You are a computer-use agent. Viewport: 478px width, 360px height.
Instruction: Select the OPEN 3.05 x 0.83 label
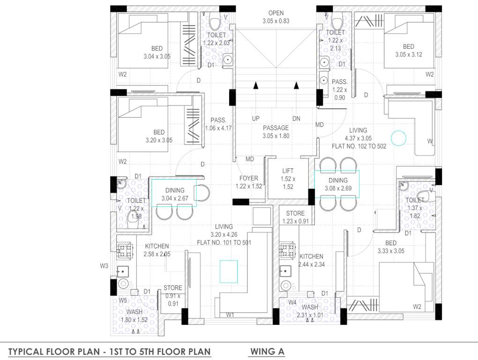coord(276,17)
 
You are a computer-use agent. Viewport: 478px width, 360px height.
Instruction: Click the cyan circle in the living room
coord(398,138)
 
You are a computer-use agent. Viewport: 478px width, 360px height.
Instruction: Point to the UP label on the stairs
coord(255,119)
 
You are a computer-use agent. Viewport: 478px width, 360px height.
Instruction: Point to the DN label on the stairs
coord(296,119)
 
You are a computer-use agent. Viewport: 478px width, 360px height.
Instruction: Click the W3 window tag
coord(104,266)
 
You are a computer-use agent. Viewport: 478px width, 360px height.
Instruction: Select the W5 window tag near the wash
coord(123,300)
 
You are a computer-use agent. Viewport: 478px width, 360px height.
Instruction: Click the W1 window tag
coord(230,315)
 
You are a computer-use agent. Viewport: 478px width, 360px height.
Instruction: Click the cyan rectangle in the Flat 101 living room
coord(229,271)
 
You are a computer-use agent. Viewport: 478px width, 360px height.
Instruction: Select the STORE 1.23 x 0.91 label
coord(295,217)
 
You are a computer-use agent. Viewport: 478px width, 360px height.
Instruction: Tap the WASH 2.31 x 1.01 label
coord(310,311)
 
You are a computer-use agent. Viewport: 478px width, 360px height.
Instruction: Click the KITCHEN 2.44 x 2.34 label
coord(311,260)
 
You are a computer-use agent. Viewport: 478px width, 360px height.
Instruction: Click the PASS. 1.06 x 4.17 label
coord(218,124)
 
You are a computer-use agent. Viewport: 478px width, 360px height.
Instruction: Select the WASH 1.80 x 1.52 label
coord(134,315)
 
